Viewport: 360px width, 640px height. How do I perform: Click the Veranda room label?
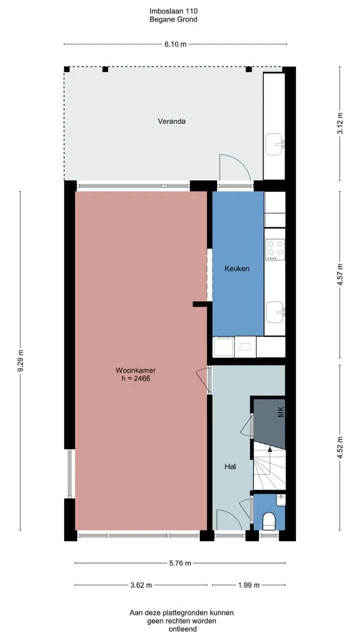[171, 121]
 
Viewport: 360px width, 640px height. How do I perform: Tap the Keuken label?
[237, 268]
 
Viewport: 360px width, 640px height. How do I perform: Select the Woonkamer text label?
[135, 370]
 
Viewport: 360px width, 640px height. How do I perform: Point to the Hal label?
[230, 466]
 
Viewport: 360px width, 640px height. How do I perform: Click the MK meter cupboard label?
[281, 412]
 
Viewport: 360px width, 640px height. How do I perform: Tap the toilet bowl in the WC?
[268, 521]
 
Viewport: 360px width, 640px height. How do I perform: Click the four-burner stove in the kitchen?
[275, 249]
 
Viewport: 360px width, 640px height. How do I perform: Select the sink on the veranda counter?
[274, 144]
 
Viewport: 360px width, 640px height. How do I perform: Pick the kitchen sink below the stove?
[275, 312]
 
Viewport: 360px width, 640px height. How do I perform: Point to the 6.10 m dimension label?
[175, 44]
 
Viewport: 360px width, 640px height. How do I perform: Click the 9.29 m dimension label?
[20, 361]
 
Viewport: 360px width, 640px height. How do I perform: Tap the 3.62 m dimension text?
[141, 585]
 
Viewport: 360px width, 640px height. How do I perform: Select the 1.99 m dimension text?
[249, 585]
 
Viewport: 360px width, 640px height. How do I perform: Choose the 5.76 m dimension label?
[180, 563]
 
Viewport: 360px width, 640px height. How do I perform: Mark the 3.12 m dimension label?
[340, 123]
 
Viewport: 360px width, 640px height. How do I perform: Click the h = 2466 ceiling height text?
[136, 379]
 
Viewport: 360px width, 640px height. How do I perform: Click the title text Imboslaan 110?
[173, 11]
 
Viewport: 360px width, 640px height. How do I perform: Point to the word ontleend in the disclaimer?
[182, 629]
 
